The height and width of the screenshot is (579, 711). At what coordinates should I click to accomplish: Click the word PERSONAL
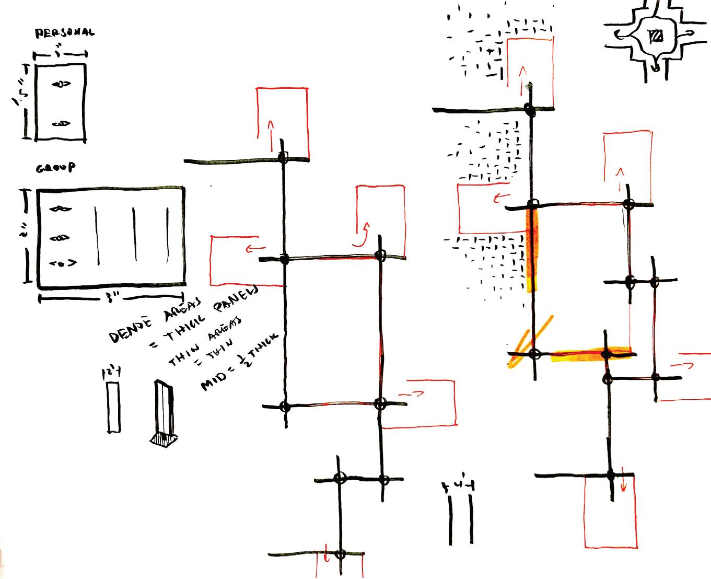click(x=65, y=33)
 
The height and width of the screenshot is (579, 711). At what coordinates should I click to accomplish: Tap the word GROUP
click(x=55, y=168)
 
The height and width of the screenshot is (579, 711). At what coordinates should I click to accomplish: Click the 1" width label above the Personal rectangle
click(x=61, y=53)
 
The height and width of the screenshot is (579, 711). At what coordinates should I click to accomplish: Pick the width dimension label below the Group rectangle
click(x=112, y=298)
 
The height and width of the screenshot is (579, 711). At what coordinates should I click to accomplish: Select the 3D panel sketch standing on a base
click(x=164, y=413)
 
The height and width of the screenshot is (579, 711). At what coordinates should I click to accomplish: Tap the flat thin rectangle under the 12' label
click(x=113, y=408)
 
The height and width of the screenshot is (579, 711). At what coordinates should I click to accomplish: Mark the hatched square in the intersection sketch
click(x=655, y=36)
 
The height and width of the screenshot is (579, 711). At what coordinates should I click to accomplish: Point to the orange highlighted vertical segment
click(x=531, y=248)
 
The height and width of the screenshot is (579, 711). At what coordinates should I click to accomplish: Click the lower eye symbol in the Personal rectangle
click(x=61, y=124)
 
